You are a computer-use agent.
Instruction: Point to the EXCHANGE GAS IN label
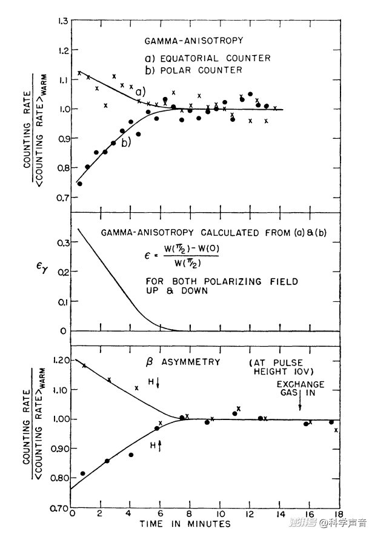point(300,389)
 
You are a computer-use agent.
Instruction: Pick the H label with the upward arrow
point(156,446)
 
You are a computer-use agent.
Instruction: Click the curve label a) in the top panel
point(141,92)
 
